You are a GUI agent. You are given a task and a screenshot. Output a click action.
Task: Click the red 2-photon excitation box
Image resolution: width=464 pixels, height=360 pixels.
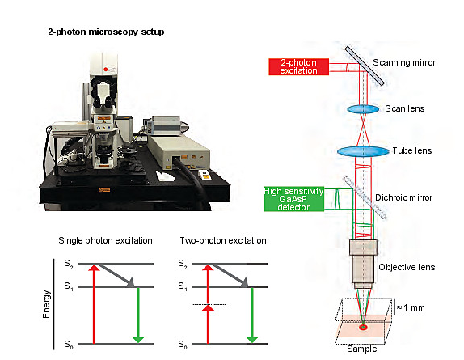click(x=298, y=66)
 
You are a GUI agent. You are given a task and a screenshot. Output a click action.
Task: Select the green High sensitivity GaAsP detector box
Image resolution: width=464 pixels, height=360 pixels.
click(x=294, y=199)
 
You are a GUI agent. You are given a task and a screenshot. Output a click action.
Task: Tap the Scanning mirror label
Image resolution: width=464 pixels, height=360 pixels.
click(x=404, y=62)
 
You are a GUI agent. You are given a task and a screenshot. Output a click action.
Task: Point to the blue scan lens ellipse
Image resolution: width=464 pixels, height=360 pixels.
click(x=363, y=109)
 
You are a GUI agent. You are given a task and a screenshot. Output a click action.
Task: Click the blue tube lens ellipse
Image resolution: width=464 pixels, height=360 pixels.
click(x=363, y=151)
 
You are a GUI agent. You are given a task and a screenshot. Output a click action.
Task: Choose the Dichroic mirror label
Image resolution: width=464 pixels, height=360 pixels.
click(x=403, y=197)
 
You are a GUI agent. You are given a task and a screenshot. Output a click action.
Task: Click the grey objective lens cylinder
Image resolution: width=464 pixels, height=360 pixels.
click(x=363, y=264)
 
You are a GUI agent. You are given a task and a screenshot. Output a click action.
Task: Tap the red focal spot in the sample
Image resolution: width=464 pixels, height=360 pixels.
click(x=363, y=327)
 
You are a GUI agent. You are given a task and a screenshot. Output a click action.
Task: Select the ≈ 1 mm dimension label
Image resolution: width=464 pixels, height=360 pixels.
click(x=411, y=308)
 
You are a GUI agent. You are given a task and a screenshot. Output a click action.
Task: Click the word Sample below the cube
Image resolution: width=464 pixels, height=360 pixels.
click(x=362, y=349)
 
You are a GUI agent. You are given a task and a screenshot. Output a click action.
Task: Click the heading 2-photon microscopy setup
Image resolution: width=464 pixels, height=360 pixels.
click(x=106, y=32)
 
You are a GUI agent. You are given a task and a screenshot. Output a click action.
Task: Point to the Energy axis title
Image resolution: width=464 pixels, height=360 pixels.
click(x=46, y=304)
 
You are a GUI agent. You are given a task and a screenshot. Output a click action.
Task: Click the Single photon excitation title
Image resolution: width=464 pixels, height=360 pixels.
click(x=105, y=240)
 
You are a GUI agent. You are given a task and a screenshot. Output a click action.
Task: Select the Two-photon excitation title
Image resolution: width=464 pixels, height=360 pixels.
click(x=223, y=240)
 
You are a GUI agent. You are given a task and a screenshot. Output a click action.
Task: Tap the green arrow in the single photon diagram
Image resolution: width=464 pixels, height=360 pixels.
click(x=138, y=315)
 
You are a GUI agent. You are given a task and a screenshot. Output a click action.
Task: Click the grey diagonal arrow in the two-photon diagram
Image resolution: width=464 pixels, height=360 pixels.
click(x=231, y=276)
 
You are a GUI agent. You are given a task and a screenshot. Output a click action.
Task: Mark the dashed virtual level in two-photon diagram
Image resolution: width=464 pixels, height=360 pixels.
click(x=209, y=304)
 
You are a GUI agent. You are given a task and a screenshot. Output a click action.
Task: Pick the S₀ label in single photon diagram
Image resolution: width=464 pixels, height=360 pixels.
click(x=69, y=345)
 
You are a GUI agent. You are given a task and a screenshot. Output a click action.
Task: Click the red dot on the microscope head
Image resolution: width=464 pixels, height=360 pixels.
click(x=106, y=70)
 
